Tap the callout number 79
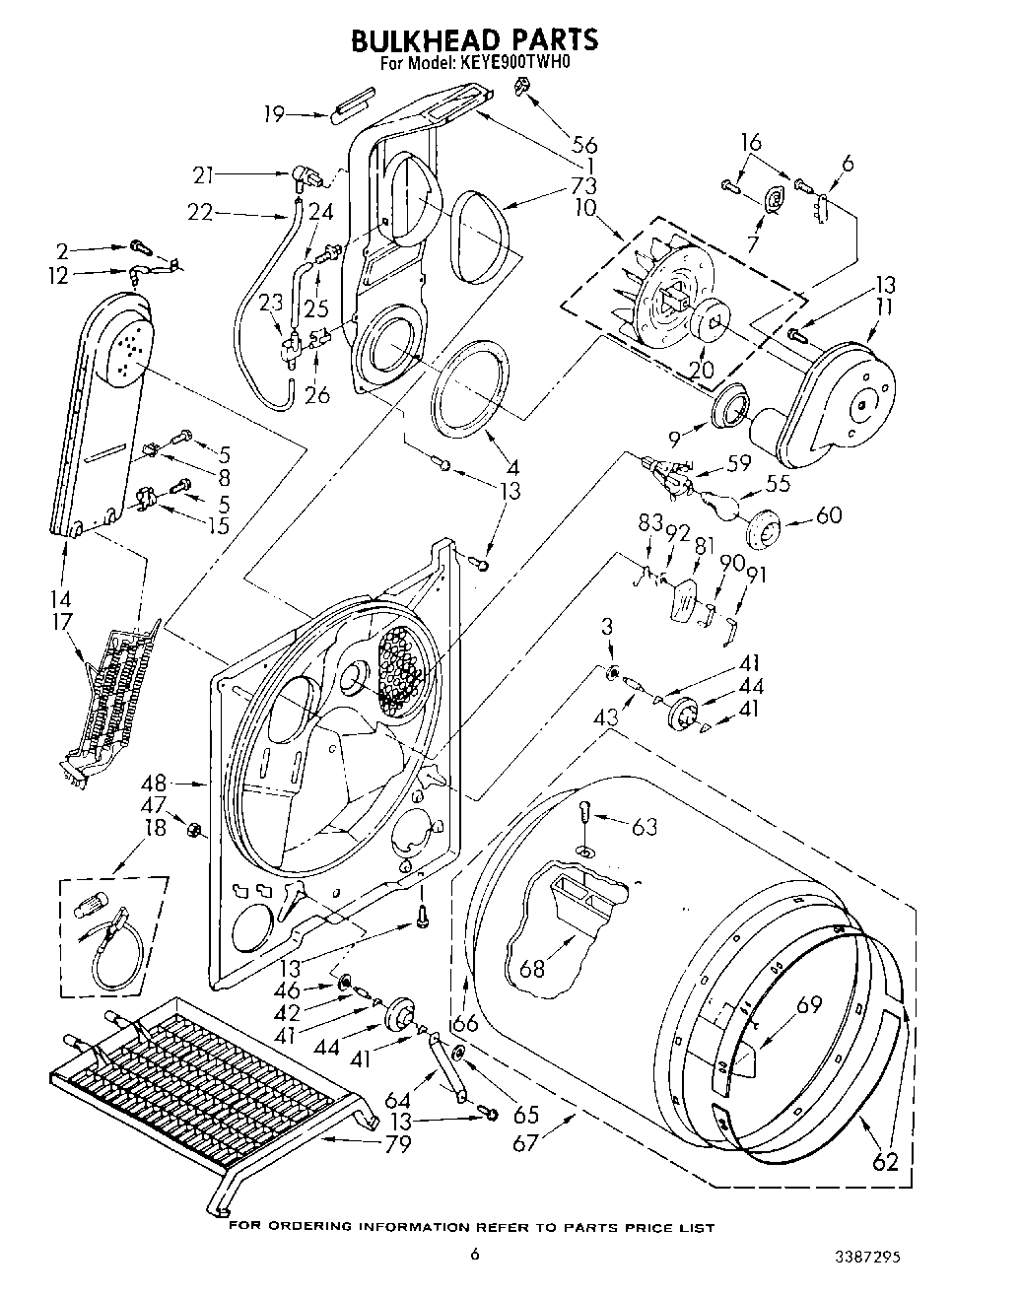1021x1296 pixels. pos(398,1144)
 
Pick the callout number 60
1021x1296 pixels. pos(829,514)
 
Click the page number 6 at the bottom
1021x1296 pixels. pos(474,1255)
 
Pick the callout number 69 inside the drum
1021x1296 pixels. pos(809,1005)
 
